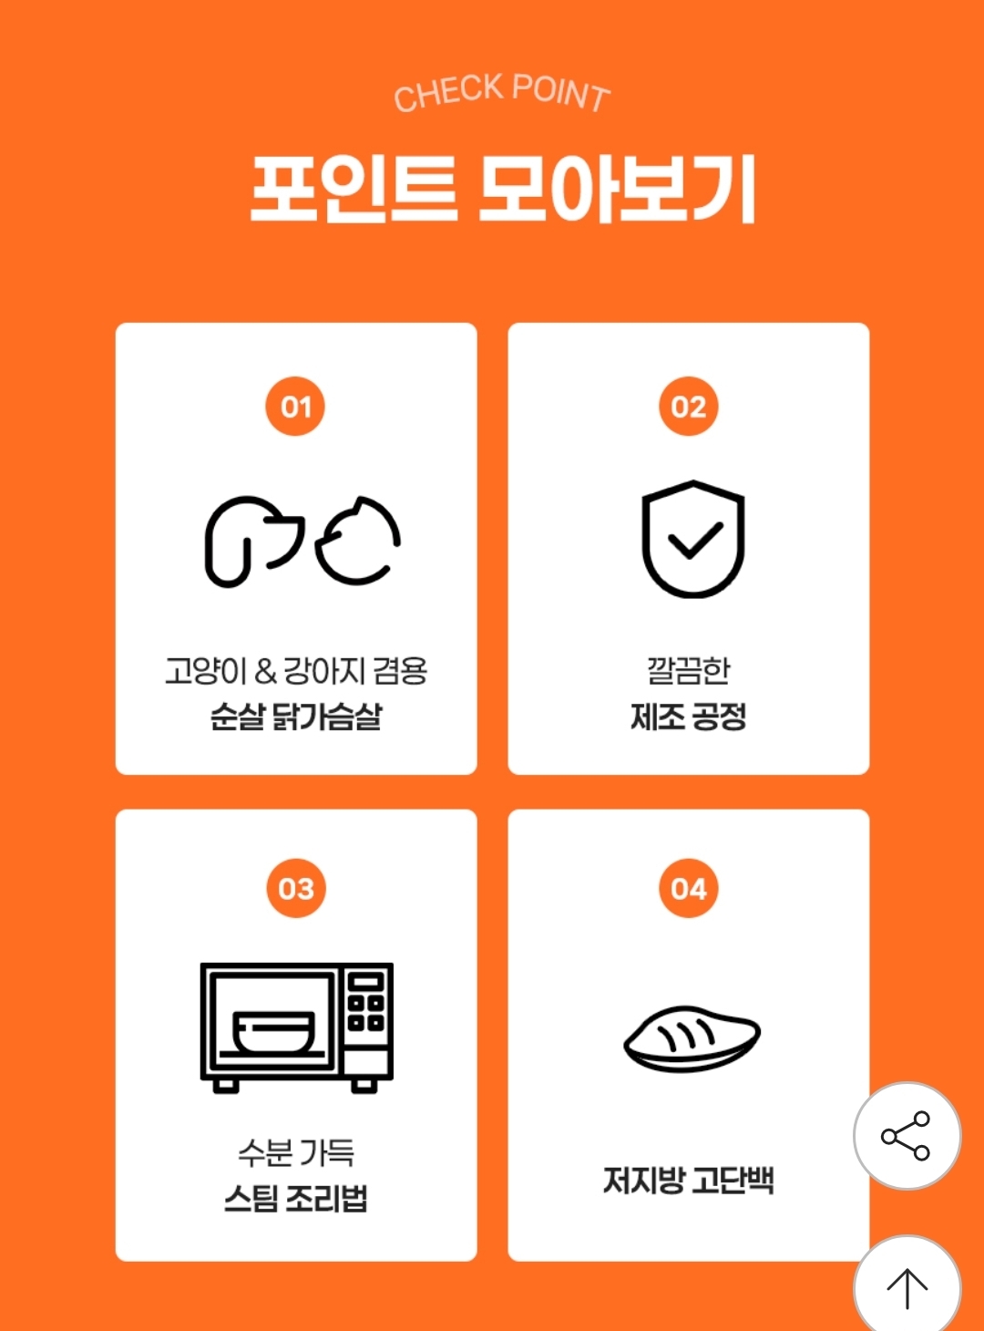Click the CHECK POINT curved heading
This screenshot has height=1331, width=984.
pyautogui.click(x=502, y=92)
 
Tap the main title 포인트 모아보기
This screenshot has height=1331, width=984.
pyautogui.click(x=503, y=190)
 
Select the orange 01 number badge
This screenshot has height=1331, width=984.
pyautogui.click(x=295, y=407)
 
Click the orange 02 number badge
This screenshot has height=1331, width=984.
pyautogui.click(x=688, y=407)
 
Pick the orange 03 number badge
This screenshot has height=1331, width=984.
pyautogui.click(x=296, y=888)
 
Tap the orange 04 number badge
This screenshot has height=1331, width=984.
pyautogui.click(x=688, y=888)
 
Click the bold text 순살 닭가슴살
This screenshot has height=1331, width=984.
pyautogui.click(x=296, y=716)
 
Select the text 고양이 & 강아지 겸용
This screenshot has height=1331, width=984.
pyautogui.click(x=296, y=670)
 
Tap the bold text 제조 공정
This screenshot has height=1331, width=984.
pyautogui.click(x=688, y=716)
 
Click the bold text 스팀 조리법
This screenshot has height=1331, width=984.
pyautogui.click(x=296, y=1199)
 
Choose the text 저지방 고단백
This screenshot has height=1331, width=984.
pyautogui.click(x=688, y=1180)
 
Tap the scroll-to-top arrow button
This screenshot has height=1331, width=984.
pyautogui.click(x=907, y=1288)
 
